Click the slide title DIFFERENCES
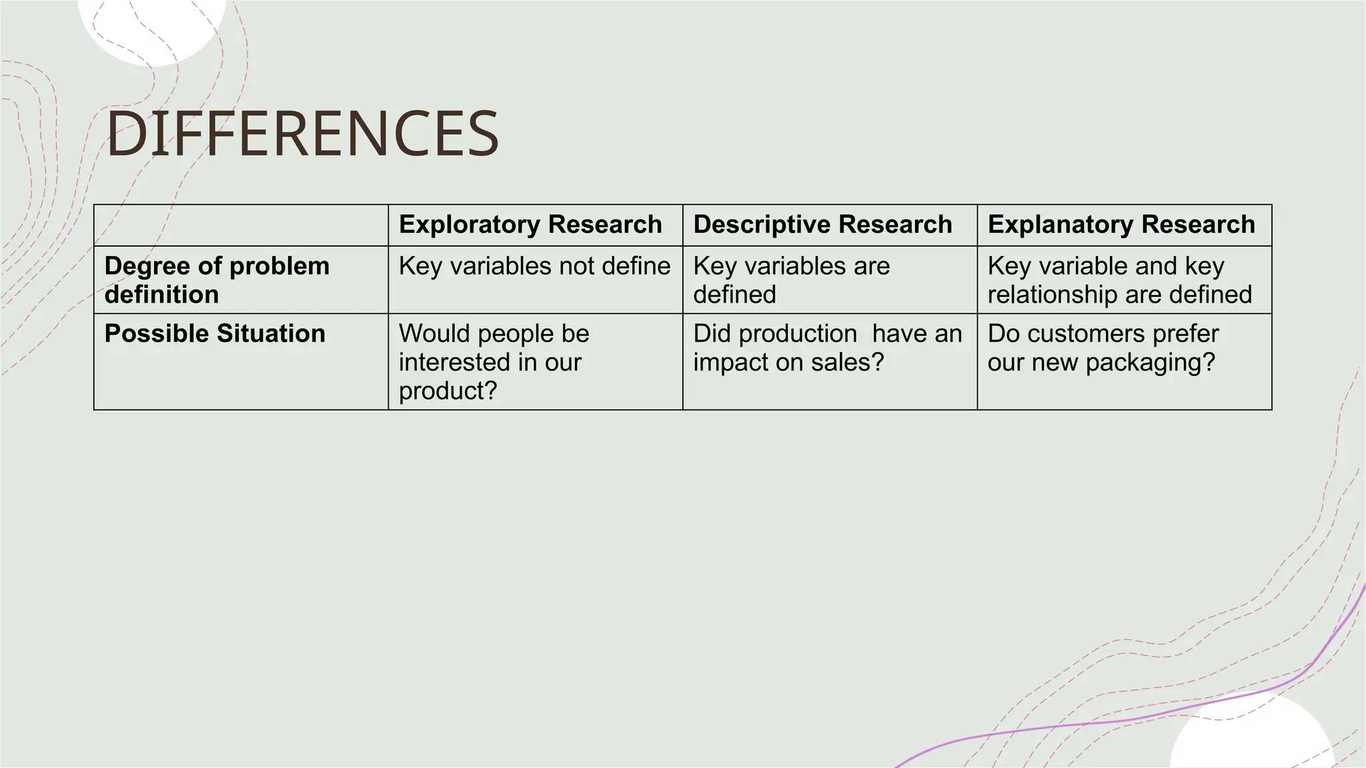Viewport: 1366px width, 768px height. (302, 134)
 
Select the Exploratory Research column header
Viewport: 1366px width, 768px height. (530, 225)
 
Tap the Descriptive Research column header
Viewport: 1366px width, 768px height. (822, 225)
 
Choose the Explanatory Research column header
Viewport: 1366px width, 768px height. (1121, 225)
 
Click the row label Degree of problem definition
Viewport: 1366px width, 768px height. (217, 280)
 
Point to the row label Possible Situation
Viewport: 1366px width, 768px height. (215, 333)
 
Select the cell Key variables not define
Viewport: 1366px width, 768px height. (534, 266)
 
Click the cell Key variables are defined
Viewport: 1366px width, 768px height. (791, 280)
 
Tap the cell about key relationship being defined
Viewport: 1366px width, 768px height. (1119, 280)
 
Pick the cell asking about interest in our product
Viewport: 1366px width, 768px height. (494, 362)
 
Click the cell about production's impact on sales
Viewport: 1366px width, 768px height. (827, 347)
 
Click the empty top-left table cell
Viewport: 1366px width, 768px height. (241, 225)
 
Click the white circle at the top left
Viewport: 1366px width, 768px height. (152, 27)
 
